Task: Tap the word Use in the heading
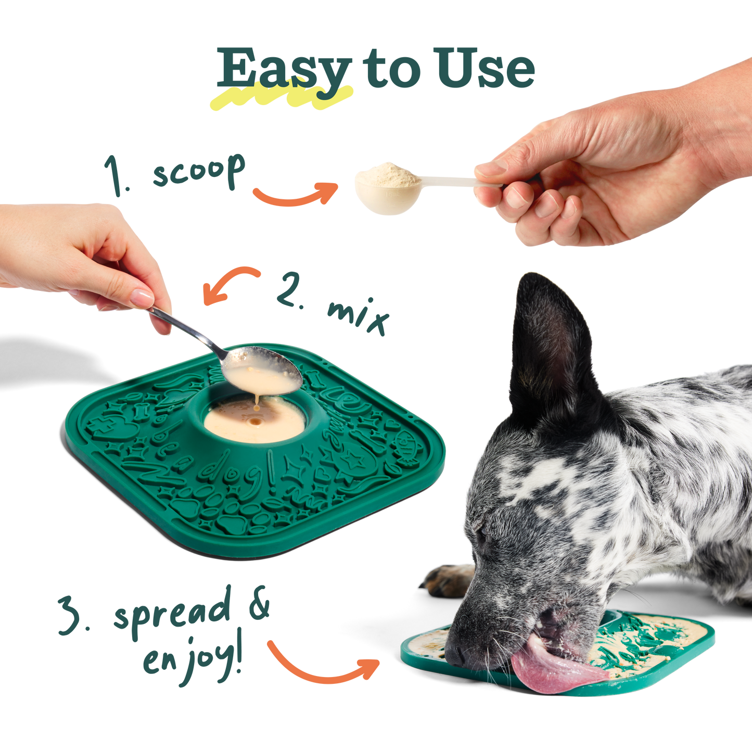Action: (486, 69)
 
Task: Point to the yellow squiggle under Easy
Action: (281, 98)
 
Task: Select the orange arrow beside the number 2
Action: (230, 284)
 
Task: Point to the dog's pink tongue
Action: (552, 669)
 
